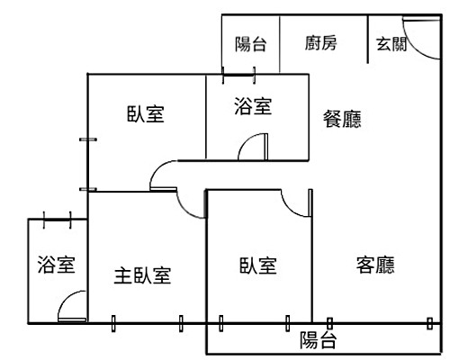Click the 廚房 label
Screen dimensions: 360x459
tap(321, 42)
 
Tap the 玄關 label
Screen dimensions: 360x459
tap(391, 42)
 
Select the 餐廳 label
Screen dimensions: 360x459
tap(341, 119)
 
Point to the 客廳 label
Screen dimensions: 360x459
tap(376, 265)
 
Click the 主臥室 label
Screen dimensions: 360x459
tap(143, 274)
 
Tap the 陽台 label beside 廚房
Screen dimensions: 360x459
tap(250, 42)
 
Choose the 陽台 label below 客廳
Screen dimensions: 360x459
tap(319, 339)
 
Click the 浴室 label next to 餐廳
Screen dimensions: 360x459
tap(252, 106)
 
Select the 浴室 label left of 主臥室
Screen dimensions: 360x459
tap(56, 265)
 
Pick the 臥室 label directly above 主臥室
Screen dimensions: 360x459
tap(146, 115)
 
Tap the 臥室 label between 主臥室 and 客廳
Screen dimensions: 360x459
tap(257, 265)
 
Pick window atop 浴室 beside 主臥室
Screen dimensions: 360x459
tap(57, 218)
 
